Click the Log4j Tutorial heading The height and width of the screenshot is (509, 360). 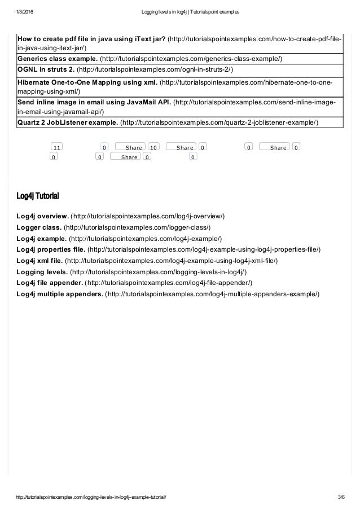pyautogui.click(x=38, y=196)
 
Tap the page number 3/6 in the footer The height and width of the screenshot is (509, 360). pyautogui.click(x=341, y=497)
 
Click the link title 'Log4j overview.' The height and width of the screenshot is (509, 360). pyautogui.click(x=43, y=216)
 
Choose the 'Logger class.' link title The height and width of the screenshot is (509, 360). pyautogui.click(x=39, y=227)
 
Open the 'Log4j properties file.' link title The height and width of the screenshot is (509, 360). pyautogui.click(x=51, y=249)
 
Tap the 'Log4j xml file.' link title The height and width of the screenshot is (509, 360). pyautogui.click(x=39, y=261)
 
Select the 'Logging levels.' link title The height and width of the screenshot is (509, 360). pyautogui.click(x=42, y=272)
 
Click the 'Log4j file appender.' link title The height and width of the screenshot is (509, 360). pyautogui.click(x=50, y=283)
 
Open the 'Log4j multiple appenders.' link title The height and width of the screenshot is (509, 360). pyautogui.click(x=60, y=294)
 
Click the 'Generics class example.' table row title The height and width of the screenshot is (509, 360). pyautogui.click(x=57, y=58)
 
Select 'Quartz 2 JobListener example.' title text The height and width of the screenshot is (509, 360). pyautogui.click(x=68, y=122)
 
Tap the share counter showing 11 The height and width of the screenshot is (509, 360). pyautogui.click(x=56, y=147)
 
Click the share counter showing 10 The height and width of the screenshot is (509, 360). pyautogui.click(x=153, y=147)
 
